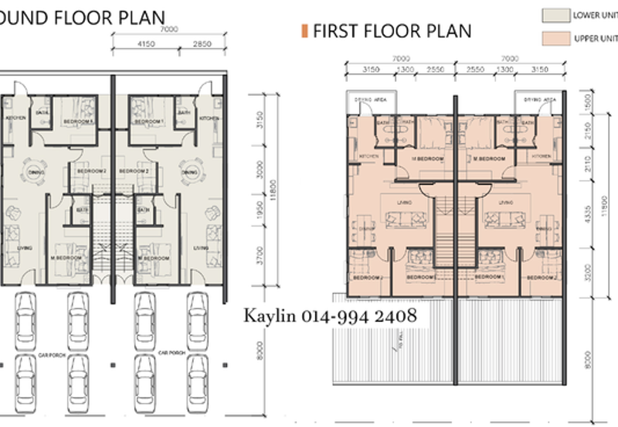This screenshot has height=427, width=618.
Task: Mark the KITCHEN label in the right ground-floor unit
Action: pos(208,118)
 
